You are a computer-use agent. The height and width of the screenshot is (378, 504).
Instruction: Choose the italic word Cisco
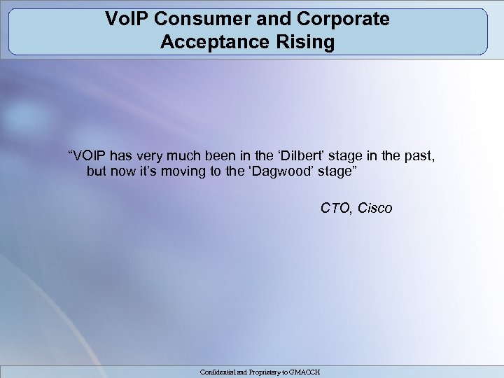[x=375, y=209]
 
